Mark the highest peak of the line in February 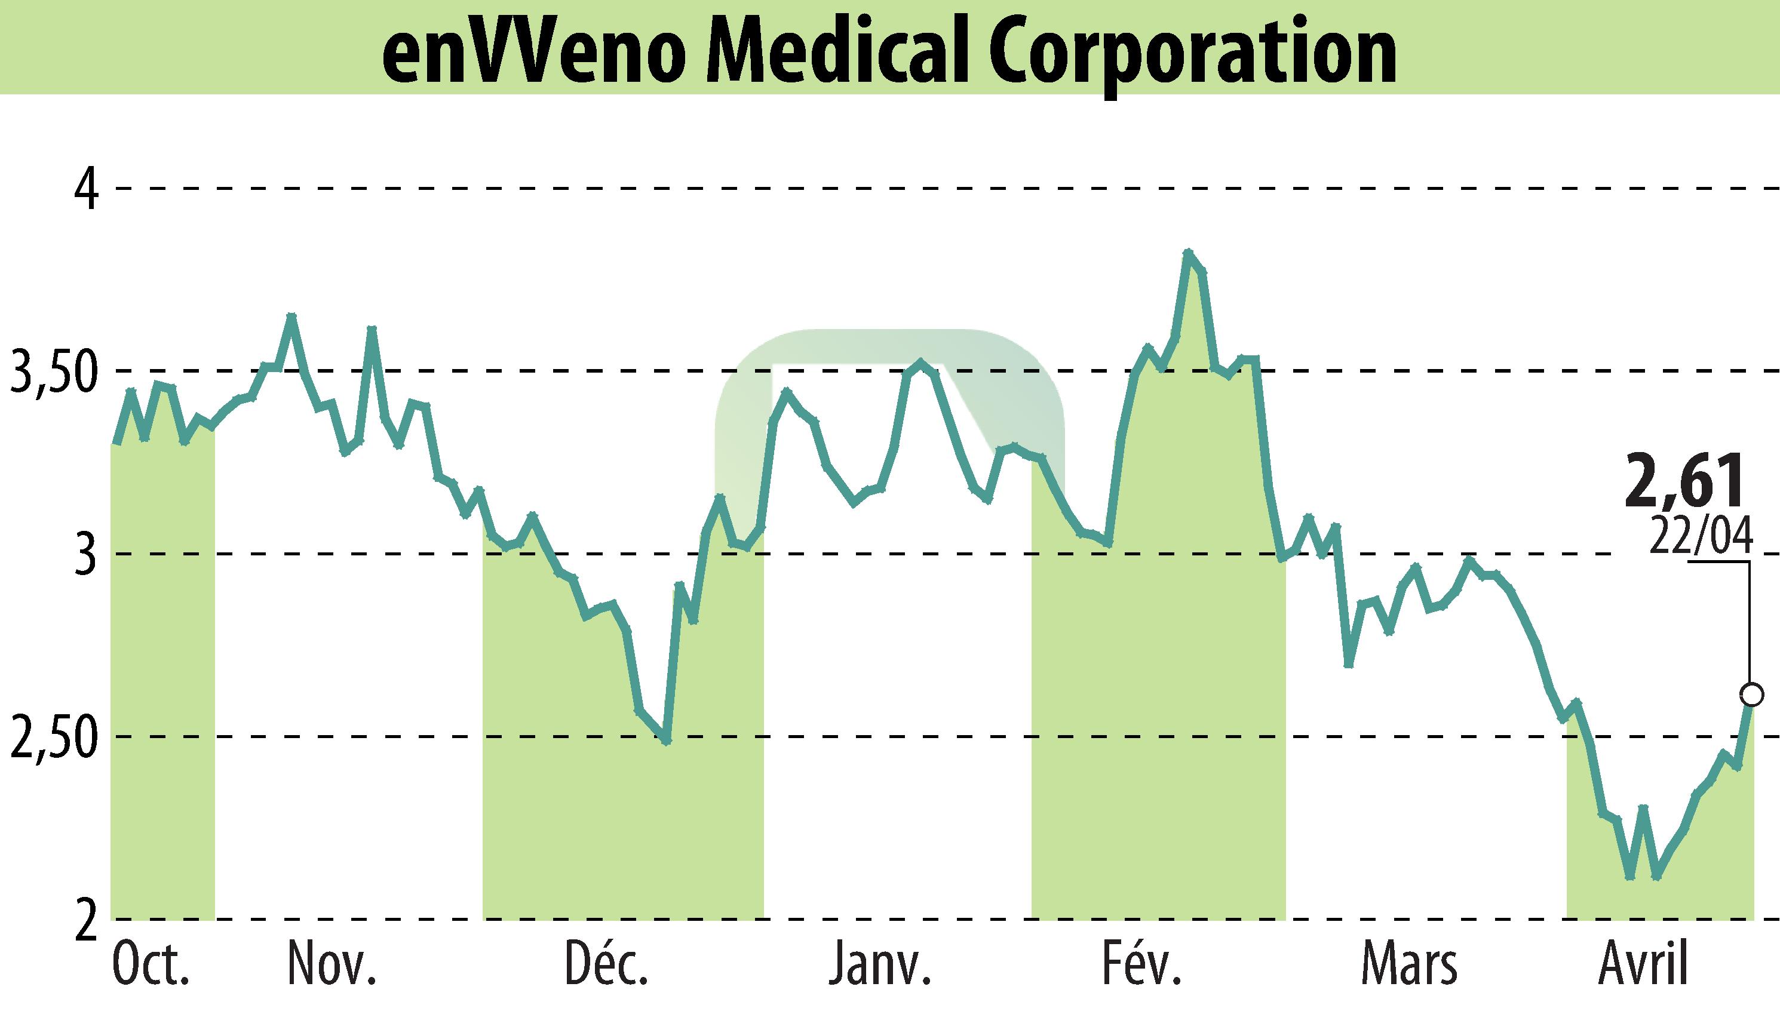tap(1187, 253)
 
